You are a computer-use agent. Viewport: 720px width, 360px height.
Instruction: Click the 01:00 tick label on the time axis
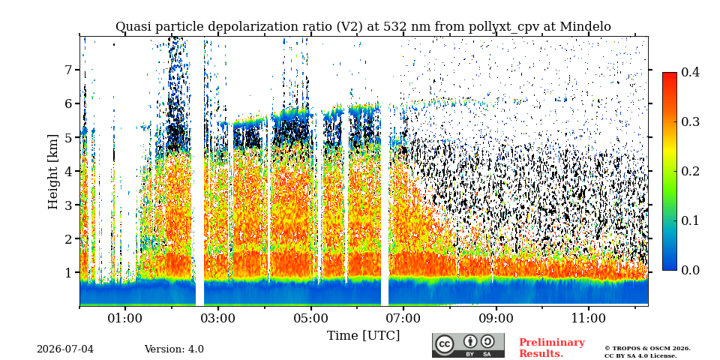(x=126, y=318)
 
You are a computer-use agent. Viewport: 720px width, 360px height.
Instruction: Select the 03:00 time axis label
(x=218, y=318)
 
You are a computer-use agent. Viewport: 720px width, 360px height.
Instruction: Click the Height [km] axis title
(x=54, y=172)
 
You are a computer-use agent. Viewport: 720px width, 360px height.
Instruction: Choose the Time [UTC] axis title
(x=363, y=336)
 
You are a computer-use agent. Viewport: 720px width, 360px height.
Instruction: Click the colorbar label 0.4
(x=690, y=72)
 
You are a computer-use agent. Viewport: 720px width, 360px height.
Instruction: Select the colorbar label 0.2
(x=690, y=171)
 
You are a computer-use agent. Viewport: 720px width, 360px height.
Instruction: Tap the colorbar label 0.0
(x=690, y=271)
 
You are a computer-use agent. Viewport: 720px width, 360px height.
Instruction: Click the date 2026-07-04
(x=65, y=349)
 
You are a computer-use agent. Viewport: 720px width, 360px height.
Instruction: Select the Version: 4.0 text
(x=174, y=349)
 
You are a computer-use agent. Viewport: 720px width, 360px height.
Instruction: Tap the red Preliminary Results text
(x=552, y=347)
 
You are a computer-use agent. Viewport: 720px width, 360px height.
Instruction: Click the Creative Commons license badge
(x=468, y=345)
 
